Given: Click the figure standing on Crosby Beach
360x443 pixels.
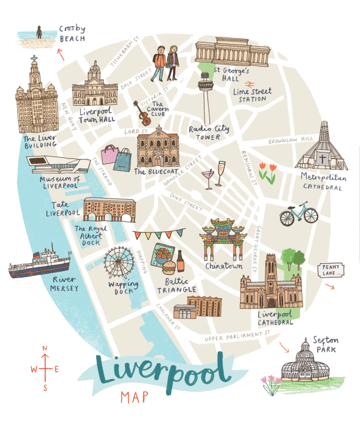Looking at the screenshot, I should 39,33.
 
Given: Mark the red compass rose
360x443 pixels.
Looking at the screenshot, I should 45,368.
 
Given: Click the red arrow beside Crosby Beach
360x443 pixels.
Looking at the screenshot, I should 61,54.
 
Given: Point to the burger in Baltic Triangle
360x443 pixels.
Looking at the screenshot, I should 168,267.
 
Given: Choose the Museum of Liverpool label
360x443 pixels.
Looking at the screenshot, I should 60,182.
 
